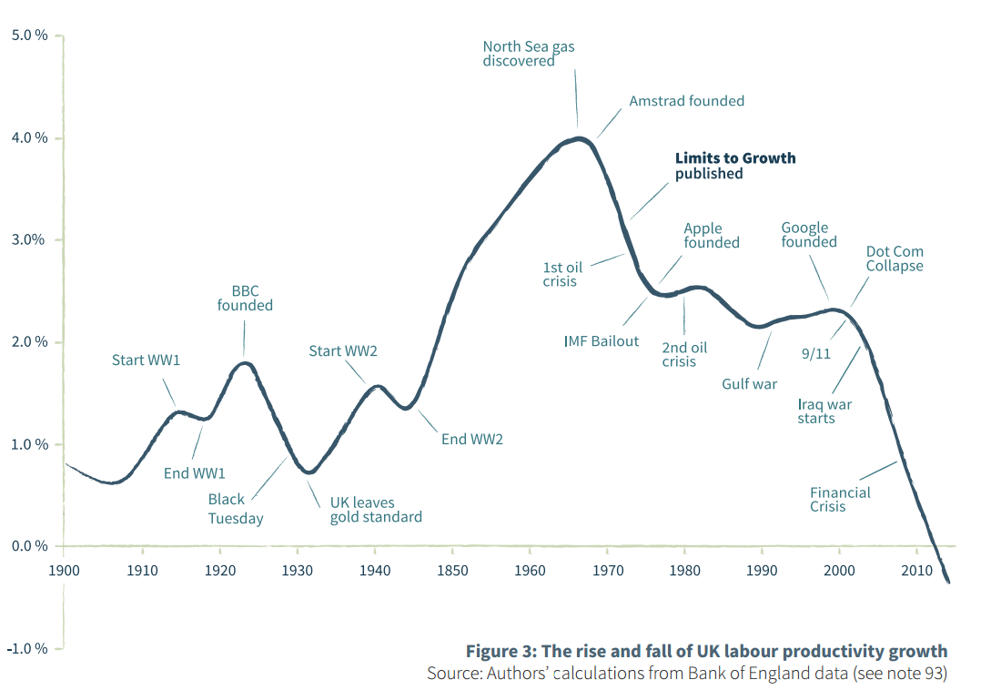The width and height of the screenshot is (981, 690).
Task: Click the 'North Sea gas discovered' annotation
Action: point(529,54)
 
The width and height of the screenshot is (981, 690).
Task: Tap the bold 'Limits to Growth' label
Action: point(734,158)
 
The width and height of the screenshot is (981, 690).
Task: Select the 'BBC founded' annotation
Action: point(245,299)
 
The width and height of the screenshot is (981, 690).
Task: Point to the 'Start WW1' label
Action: point(146,360)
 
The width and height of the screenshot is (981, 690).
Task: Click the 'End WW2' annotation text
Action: point(471,440)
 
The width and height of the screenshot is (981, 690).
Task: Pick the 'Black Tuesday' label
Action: point(235,509)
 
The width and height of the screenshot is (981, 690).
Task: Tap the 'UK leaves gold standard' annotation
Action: point(375,510)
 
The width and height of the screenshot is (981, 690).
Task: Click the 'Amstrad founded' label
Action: point(686,101)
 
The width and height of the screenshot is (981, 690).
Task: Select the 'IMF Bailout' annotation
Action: point(602,341)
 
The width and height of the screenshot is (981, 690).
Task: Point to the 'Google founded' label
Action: point(808,235)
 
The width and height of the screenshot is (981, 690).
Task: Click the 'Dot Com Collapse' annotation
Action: point(894,259)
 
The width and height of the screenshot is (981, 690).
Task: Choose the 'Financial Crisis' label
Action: point(840,500)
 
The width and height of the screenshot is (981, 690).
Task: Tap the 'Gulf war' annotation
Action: point(749,384)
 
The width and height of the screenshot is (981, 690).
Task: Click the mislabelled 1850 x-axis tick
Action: point(452,571)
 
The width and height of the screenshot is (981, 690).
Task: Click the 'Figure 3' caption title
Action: point(706,652)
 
